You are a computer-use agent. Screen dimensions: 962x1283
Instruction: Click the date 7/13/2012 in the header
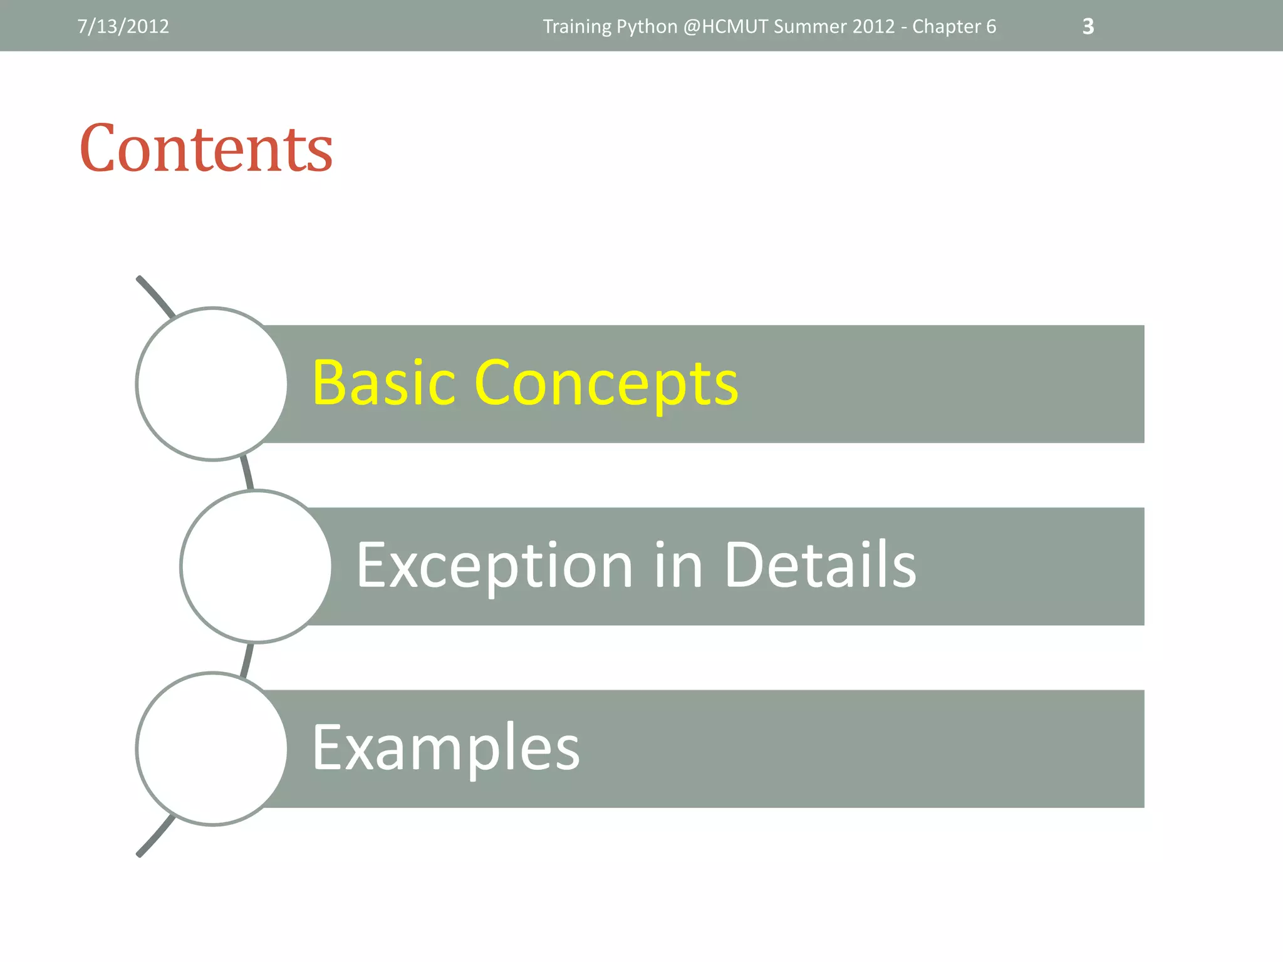[x=123, y=26]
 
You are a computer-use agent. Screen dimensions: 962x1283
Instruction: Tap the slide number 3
[x=1088, y=26]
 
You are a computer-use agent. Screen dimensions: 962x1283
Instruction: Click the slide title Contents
[x=206, y=148]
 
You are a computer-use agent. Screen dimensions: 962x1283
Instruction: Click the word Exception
[x=495, y=566]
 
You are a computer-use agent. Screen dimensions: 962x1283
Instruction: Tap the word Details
[x=820, y=565]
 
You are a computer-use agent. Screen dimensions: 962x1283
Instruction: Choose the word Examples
[x=445, y=748]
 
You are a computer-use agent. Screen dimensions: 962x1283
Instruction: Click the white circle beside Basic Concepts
[x=212, y=384]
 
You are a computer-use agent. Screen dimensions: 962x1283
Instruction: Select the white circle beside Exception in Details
[x=256, y=566]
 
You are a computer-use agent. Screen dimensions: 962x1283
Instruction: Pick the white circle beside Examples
[x=212, y=748]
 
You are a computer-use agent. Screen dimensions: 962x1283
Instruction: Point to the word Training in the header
[x=576, y=27]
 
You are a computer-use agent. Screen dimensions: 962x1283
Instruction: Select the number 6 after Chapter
[x=991, y=26]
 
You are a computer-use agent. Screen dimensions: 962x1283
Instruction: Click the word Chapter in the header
[x=946, y=27]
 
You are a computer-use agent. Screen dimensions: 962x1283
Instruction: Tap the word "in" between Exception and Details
[x=678, y=565]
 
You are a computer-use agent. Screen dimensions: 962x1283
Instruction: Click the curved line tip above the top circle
[x=140, y=279]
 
